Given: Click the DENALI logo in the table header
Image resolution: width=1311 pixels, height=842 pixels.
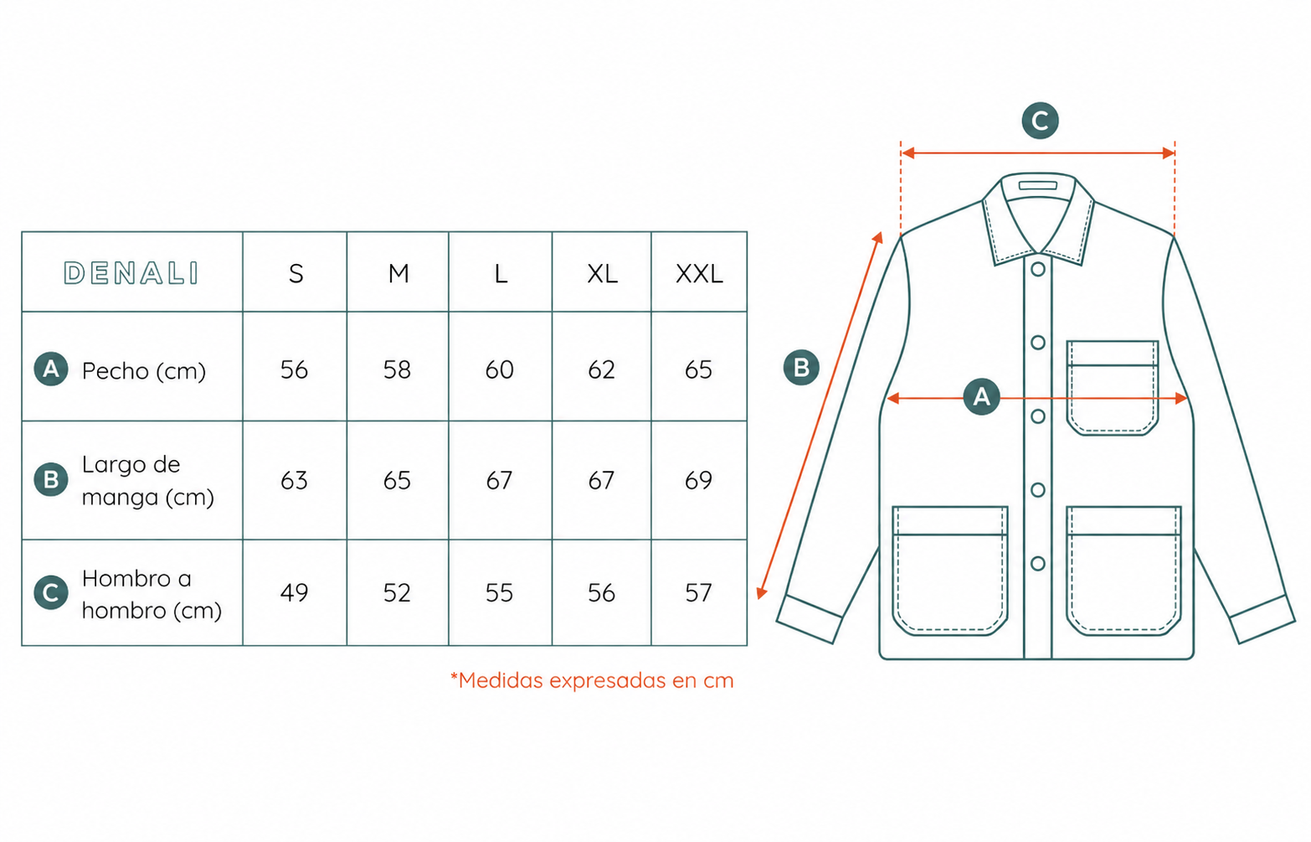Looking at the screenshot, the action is point(131,273).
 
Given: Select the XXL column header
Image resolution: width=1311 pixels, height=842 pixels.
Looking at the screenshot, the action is point(699,273).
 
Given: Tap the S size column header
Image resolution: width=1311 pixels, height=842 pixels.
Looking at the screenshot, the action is point(296,273).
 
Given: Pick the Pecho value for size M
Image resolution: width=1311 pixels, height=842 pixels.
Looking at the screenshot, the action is point(397,370).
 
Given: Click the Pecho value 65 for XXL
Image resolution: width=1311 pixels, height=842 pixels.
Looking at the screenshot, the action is point(698,370).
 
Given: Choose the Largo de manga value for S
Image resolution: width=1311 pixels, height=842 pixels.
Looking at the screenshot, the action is point(294,481).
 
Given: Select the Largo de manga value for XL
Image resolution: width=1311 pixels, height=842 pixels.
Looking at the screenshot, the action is point(601,481).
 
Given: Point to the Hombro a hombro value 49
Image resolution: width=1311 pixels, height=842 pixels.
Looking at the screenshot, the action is point(294,592).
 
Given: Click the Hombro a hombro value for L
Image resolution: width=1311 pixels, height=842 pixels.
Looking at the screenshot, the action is point(499,592).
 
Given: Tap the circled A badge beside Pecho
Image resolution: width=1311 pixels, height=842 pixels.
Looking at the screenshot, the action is point(51,369).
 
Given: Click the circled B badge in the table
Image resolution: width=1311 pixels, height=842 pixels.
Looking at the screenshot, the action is point(51,479).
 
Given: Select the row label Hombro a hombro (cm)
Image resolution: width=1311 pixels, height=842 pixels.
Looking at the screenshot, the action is point(152,594).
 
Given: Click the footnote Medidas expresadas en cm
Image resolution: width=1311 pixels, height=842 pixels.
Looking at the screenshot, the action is point(592,680).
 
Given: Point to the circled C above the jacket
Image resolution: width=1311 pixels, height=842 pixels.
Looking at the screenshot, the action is point(1040,121).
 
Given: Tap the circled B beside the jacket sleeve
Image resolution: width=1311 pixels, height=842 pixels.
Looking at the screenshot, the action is point(801,367).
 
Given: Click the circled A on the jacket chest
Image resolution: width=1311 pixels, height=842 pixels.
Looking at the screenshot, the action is point(981,396).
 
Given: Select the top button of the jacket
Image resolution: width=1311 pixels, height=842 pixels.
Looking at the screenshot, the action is point(1038,269).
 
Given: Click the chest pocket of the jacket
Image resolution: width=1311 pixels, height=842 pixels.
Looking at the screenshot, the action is point(1112,388).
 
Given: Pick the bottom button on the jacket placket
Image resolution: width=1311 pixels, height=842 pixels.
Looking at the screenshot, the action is point(1038,563).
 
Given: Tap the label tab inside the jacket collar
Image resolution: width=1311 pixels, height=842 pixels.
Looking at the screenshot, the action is point(1038,186).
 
